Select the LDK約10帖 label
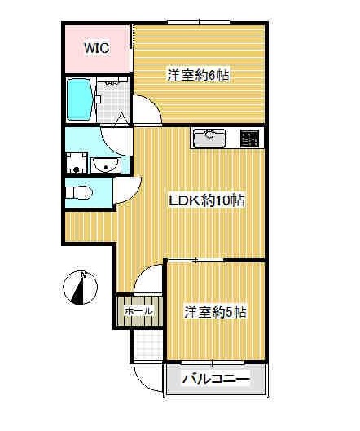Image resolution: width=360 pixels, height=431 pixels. click(207, 200)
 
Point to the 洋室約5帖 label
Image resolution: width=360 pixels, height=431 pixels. click(215, 311)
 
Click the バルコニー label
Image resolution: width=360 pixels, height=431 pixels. click(214, 379)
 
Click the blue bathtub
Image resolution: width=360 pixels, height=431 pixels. click(80, 99)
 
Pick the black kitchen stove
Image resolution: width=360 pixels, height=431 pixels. click(251, 138)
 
